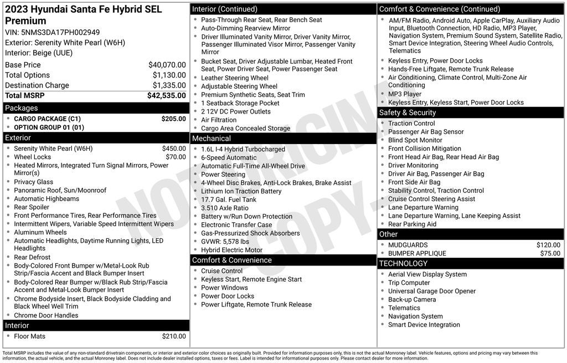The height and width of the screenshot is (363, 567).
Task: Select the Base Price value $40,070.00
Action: (167, 65)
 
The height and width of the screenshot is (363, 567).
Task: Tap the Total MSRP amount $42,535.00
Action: (166, 95)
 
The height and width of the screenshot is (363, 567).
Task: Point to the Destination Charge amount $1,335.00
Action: (169, 85)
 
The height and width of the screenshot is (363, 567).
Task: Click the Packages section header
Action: (22, 108)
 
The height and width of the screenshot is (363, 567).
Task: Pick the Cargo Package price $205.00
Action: (173, 119)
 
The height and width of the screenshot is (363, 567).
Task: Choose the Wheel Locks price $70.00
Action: (176, 157)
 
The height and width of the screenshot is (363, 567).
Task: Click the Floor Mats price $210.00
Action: (174, 336)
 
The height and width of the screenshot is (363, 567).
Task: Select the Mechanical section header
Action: (212, 139)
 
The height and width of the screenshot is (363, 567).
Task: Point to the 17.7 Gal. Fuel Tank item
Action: (229, 200)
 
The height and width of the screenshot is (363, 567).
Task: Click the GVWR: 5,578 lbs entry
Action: (225, 242)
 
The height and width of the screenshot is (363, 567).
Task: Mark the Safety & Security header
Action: (408, 113)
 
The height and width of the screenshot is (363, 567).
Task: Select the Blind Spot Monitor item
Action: (415, 140)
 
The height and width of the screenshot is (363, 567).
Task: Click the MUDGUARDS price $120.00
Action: (548, 245)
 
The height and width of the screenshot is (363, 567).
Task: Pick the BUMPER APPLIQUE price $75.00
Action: (550, 253)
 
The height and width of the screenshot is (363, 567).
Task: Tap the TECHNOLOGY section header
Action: (404, 263)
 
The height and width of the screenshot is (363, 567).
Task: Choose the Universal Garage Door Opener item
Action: (432, 291)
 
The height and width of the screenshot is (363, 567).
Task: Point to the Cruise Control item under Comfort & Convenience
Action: (221, 271)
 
